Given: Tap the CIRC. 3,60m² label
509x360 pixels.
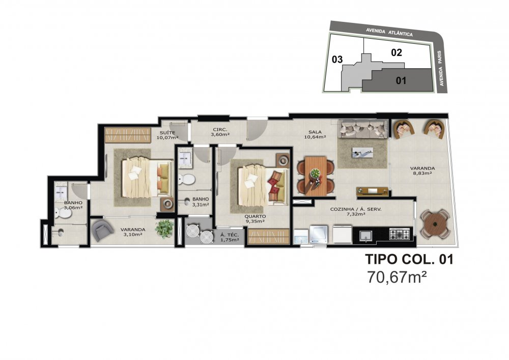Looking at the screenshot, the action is [220, 131].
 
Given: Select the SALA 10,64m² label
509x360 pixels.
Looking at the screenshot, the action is [315, 134].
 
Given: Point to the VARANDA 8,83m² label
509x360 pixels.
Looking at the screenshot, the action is [422, 171].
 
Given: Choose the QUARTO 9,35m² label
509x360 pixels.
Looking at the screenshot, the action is [255, 218].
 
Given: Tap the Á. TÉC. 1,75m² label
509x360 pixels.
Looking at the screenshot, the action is [230, 237].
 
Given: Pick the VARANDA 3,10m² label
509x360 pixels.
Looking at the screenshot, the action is [133, 232].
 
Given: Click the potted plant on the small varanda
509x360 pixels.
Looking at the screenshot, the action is [164, 229].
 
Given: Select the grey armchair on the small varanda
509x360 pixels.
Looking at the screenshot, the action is [102, 230].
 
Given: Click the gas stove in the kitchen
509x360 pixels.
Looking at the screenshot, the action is [399, 234].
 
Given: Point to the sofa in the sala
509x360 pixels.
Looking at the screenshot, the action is [363, 129].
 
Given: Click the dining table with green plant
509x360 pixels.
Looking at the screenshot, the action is [316, 176].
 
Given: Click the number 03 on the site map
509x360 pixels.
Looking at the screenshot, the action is [337, 60].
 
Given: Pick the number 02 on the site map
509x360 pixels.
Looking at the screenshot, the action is [397, 52].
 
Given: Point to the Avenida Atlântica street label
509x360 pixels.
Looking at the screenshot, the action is [389, 32].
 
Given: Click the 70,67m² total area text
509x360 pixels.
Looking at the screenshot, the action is [397, 278].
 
